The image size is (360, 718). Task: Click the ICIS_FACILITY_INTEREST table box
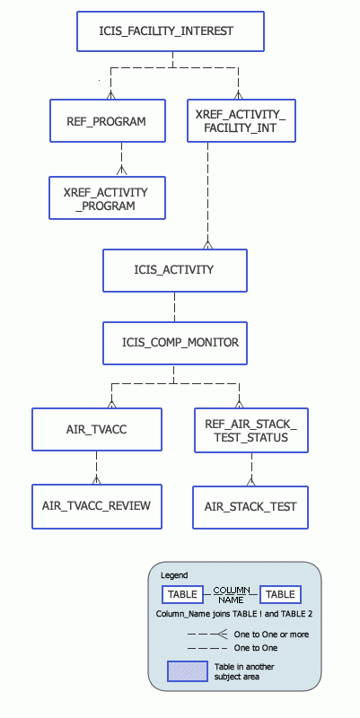pos(171,31)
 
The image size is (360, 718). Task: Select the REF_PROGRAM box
pos(108,121)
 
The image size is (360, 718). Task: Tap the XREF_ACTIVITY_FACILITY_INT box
pos(241,121)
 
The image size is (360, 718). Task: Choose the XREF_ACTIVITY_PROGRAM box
pos(108,198)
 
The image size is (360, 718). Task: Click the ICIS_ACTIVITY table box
pos(174,269)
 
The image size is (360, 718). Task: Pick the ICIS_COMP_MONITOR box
pos(174,342)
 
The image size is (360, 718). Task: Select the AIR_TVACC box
pos(97,430)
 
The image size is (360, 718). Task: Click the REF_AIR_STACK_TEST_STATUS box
pos(251,430)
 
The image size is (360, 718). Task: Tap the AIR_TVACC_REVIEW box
pos(97,506)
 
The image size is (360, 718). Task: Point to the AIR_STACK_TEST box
pos(251,506)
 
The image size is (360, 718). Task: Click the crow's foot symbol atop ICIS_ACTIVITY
pos(208,243)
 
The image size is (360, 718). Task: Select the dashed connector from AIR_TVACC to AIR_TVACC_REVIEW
pos(97,468)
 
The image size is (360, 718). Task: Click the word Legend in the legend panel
pos(174,575)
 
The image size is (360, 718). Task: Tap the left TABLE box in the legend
pos(182,594)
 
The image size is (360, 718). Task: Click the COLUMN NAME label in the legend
pos(231,594)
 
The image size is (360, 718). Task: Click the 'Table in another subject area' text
pos(243,671)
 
